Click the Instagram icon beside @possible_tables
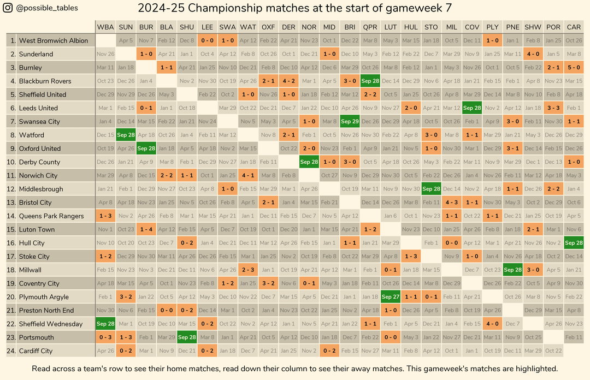8,8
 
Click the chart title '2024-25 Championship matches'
294,8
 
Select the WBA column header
105,27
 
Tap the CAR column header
574,27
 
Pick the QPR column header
370,27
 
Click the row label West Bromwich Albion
53,40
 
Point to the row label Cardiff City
36,351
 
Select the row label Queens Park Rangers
51,216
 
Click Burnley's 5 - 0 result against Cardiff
574,68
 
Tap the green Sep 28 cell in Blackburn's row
370,81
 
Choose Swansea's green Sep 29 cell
350,122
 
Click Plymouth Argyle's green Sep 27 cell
391,297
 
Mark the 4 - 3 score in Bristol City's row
452,203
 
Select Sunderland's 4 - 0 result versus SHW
533,54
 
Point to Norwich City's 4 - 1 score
248,176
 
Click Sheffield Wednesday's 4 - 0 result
492,324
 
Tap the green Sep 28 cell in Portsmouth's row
187,337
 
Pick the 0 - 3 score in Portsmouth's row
105,337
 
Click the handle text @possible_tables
47,8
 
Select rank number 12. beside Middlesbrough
11,189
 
